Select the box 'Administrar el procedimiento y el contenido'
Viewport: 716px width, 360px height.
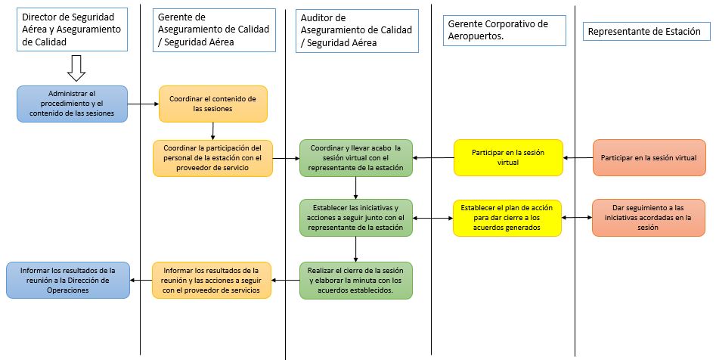tap(73, 104)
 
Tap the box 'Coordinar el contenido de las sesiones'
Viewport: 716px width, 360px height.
tap(212, 104)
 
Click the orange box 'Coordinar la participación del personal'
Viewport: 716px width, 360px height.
tap(212, 158)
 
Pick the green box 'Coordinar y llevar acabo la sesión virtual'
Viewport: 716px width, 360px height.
tap(356, 158)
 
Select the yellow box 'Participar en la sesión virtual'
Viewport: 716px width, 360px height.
tap(507, 157)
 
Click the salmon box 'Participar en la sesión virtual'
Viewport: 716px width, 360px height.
tap(647, 158)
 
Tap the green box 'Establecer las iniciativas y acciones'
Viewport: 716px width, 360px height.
tap(356, 218)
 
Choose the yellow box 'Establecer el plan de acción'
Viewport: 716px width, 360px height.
tap(507, 217)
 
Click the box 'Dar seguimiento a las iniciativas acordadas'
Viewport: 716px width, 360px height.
tap(647, 218)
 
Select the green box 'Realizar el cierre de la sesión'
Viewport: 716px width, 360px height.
tap(356, 280)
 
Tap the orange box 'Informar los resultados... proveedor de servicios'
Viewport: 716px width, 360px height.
tap(212, 280)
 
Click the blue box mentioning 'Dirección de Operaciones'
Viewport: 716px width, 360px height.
tap(68, 280)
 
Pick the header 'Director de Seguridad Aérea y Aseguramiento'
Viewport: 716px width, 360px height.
tap(73, 31)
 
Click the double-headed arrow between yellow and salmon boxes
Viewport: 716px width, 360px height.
tap(577, 218)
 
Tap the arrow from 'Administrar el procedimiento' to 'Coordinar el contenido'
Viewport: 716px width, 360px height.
tap(142, 104)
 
